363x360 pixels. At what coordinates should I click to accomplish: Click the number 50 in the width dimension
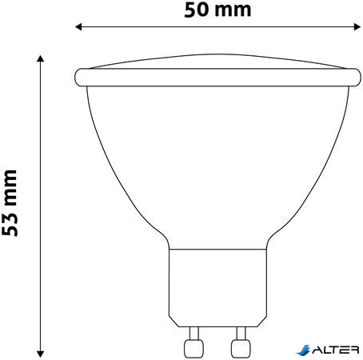tap(196, 9)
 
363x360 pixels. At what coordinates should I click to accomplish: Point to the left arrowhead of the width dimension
tap(78, 28)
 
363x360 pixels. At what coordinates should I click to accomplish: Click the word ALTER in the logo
tap(338, 350)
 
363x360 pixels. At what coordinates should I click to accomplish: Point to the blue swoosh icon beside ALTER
tap(304, 350)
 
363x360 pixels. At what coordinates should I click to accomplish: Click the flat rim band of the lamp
tap(215, 78)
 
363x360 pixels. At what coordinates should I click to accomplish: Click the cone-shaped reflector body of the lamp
tap(215, 160)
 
